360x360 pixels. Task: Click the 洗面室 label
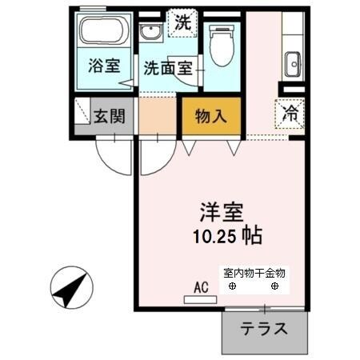pos(167,70)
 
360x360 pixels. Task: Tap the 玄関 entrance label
pos(110,115)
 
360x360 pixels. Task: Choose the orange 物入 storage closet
pos(211,116)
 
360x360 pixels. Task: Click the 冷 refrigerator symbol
pos(291,113)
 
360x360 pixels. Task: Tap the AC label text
pos(200,286)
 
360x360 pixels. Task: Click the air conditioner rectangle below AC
pos(200,300)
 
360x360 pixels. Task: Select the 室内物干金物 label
pos(254,273)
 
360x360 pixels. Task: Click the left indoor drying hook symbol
pos(232,286)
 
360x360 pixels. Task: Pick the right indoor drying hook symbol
pos(274,286)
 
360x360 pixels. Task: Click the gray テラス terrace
pos(264,330)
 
